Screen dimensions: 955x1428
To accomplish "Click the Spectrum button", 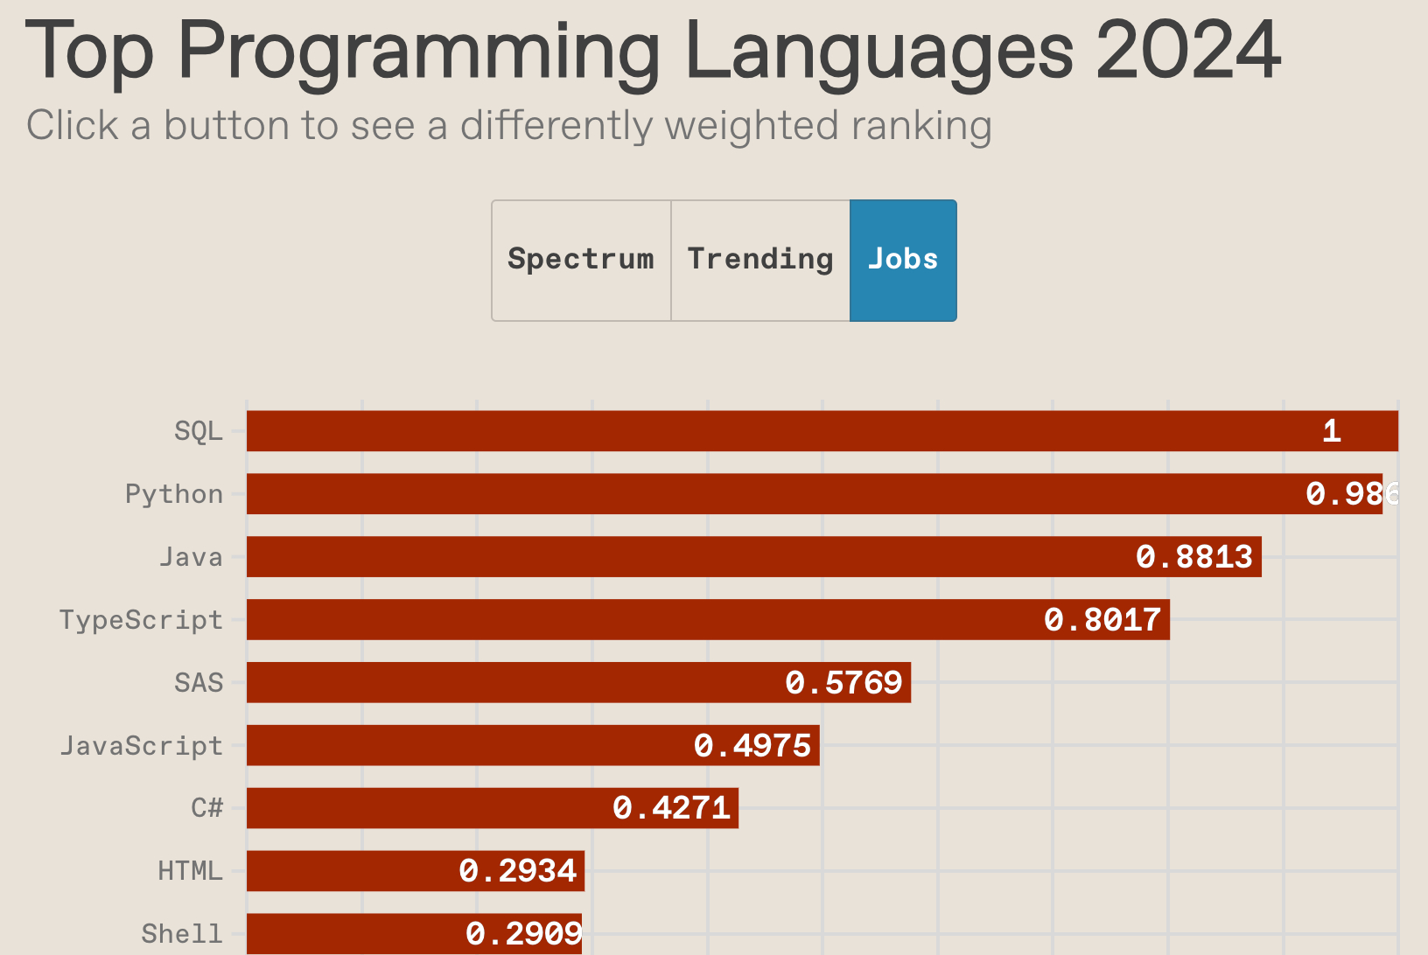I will [581, 260].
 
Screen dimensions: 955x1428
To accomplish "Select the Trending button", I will [759, 260].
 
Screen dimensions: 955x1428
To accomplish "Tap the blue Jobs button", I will [903, 260].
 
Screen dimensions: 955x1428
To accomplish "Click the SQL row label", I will [199, 431].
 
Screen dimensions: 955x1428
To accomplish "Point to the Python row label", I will [174, 494].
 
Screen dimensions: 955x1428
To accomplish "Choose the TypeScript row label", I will [141, 620].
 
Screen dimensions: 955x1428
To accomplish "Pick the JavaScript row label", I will [141, 746].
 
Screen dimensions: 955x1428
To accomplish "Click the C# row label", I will [207, 808].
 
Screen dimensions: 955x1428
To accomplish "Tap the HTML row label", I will [190, 871].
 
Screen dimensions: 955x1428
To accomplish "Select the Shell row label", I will [182, 934].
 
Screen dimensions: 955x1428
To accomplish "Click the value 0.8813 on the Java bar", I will [1194, 557].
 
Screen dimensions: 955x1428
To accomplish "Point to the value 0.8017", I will [1102, 620].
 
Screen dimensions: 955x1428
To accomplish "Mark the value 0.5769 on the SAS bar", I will [843, 683].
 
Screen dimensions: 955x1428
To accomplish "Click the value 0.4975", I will [752, 746].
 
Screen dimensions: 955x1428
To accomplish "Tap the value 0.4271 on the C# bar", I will [671, 808].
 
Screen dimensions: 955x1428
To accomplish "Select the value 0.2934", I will [518, 871].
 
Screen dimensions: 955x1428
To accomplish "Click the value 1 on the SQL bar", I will [1332, 431].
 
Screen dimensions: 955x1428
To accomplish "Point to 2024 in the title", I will [1188, 52].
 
